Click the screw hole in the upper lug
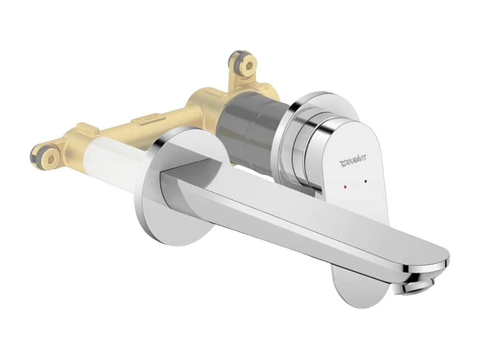click(x=245, y=66)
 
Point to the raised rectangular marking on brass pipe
click(x=145, y=120)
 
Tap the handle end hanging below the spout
click(x=359, y=289)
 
